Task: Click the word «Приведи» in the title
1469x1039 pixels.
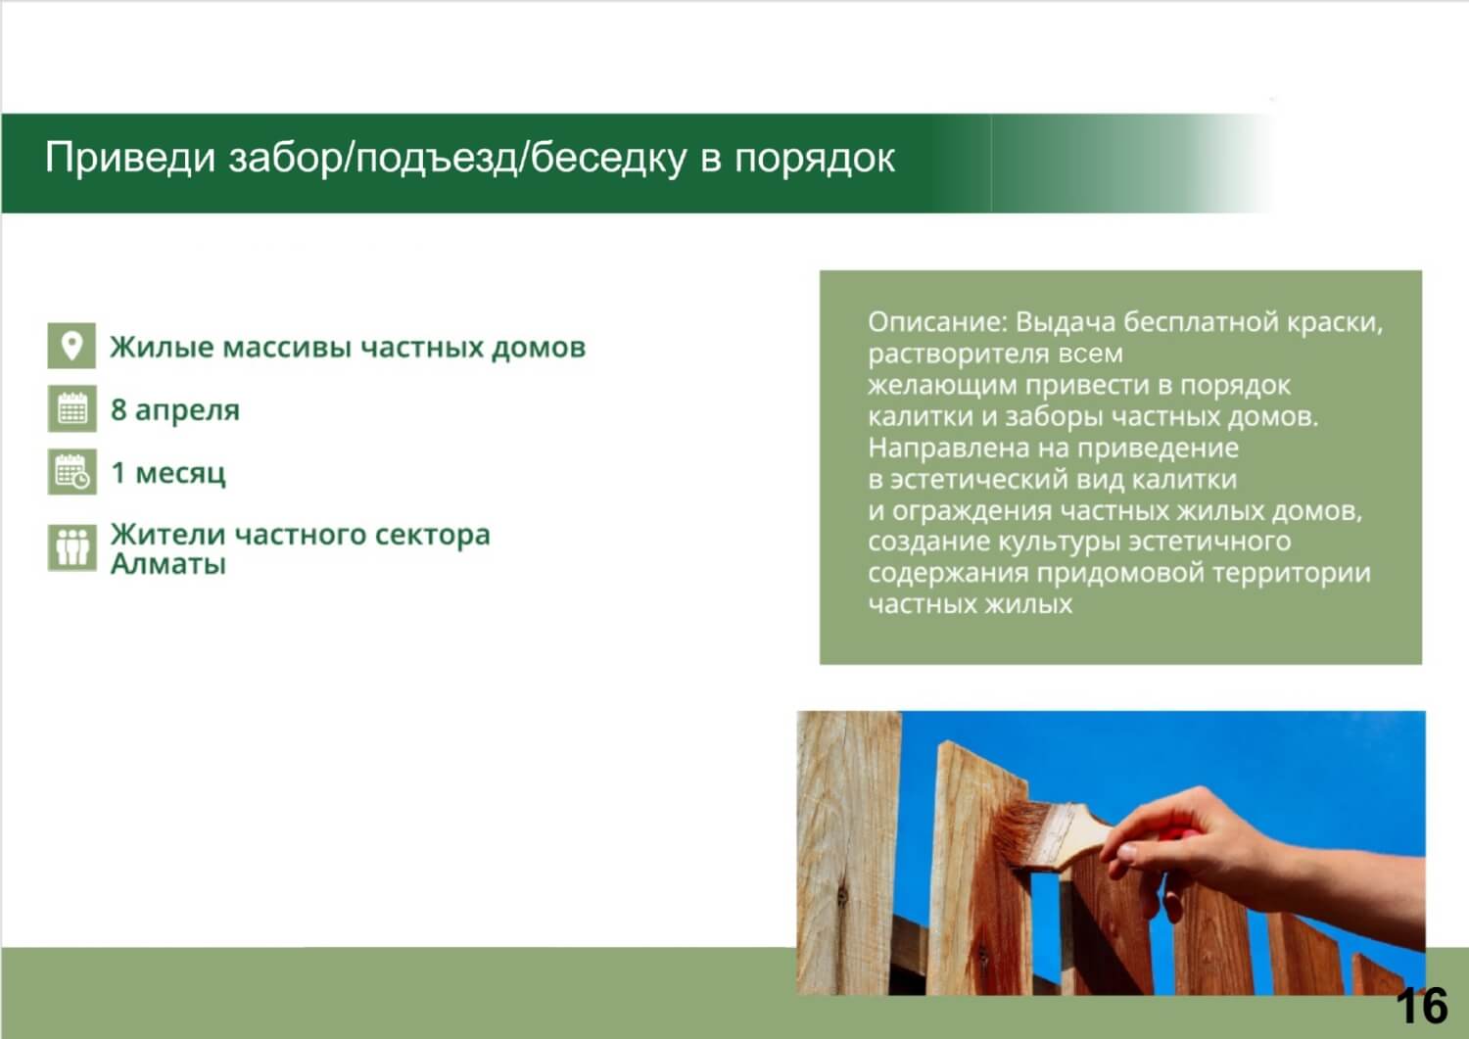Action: pyautogui.click(x=130, y=158)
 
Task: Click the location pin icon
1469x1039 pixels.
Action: pyautogui.click(x=71, y=345)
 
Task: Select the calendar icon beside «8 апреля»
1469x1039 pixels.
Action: pyautogui.click(x=72, y=408)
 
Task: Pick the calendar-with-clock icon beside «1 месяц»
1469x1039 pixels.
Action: pyautogui.click(x=72, y=471)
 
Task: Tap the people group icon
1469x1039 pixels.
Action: pyautogui.click(x=72, y=547)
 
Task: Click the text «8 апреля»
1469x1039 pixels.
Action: pyautogui.click(x=175, y=410)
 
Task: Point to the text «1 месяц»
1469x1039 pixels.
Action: pyautogui.click(x=168, y=473)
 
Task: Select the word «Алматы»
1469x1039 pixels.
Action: pyautogui.click(x=167, y=564)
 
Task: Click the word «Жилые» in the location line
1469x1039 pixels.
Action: pyautogui.click(x=162, y=347)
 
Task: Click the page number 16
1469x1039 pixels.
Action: pyautogui.click(x=1422, y=1006)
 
